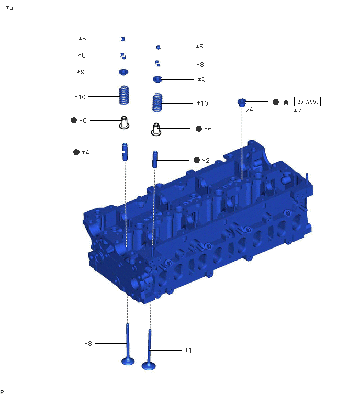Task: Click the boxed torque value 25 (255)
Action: (x=307, y=101)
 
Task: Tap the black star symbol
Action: (x=286, y=102)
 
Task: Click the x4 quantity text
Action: (x=250, y=110)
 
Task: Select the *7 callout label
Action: (x=297, y=111)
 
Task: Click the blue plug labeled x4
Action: (x=242, y=103)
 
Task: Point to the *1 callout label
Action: (x=188, y=350)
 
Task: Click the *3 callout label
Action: (x=88, y=343)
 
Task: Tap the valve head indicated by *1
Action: (x=149, y=366)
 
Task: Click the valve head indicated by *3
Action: (x=128, y=361)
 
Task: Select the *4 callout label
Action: (x=85, y=152)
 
